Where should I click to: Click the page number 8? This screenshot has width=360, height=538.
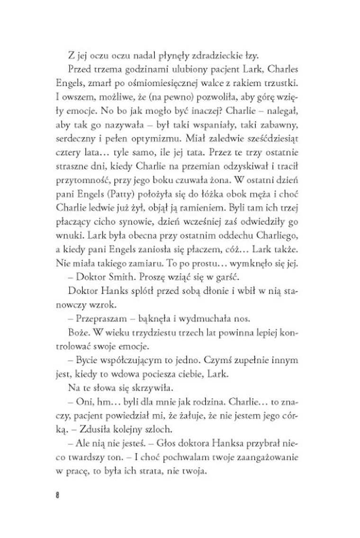click(57, 496)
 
